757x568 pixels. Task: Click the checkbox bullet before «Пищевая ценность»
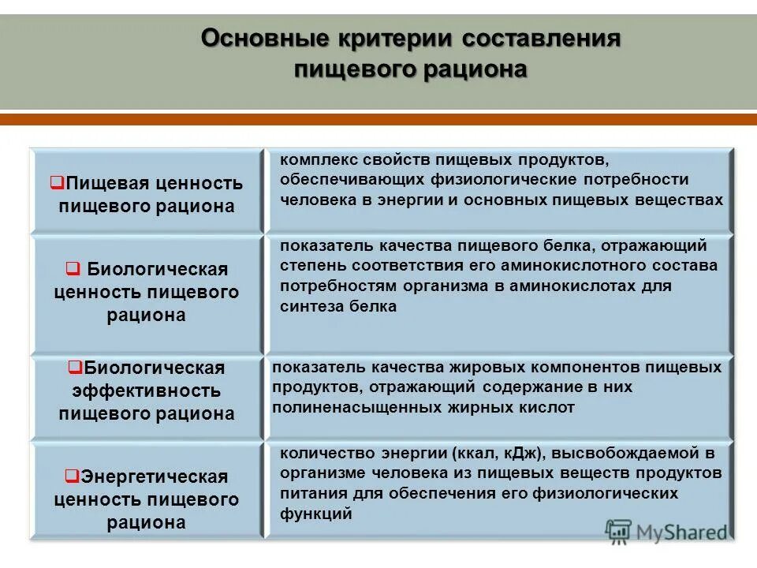[x=57, y=183]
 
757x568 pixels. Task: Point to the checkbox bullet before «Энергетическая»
[x=70, y=476]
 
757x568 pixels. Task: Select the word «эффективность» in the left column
[x=147, y=390]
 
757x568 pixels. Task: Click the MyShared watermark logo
[x=666, y=532]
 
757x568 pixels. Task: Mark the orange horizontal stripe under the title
[x=378, y=120]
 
